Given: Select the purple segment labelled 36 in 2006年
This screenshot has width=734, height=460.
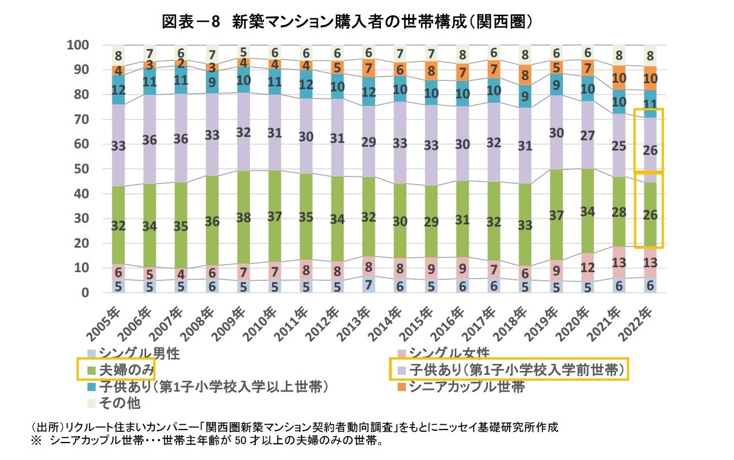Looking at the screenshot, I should [149, 140].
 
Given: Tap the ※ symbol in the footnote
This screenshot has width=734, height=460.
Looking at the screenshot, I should [35, 440].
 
